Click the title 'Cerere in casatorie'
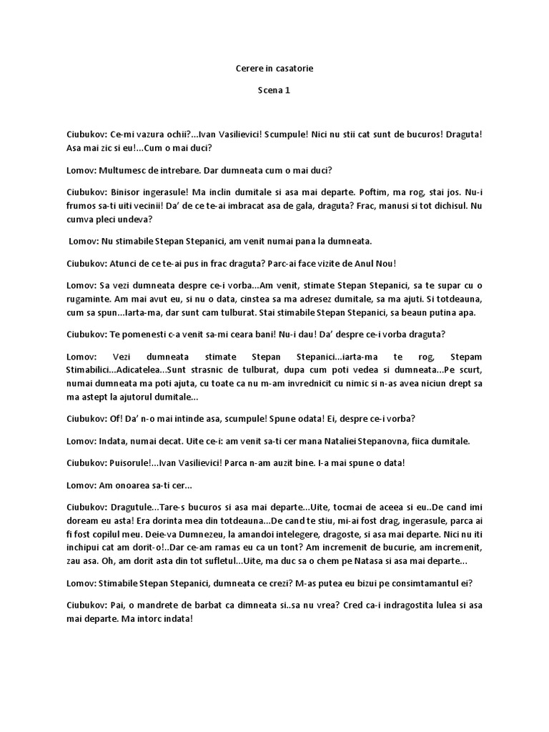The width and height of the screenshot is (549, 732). click(274, 69)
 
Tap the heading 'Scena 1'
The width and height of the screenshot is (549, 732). click(274, 91)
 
